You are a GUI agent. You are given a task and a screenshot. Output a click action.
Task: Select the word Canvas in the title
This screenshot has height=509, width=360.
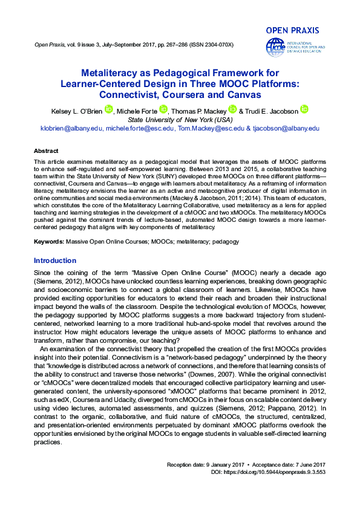coord(244,95)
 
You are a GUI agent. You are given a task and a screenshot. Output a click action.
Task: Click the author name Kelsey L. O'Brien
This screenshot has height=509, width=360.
coord(76,111)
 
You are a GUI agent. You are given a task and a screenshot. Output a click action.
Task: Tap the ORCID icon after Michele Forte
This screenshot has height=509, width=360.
coord(163,109)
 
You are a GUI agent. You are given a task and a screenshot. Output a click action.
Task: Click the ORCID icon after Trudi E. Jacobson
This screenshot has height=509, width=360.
coord(304,109)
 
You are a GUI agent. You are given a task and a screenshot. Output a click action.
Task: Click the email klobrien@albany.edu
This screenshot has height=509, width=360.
coord(71,129)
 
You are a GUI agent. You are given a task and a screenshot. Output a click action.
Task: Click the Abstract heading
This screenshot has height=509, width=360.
coord(46,151)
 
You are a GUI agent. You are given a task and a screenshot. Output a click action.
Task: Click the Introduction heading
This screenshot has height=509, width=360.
coord(55,261)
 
